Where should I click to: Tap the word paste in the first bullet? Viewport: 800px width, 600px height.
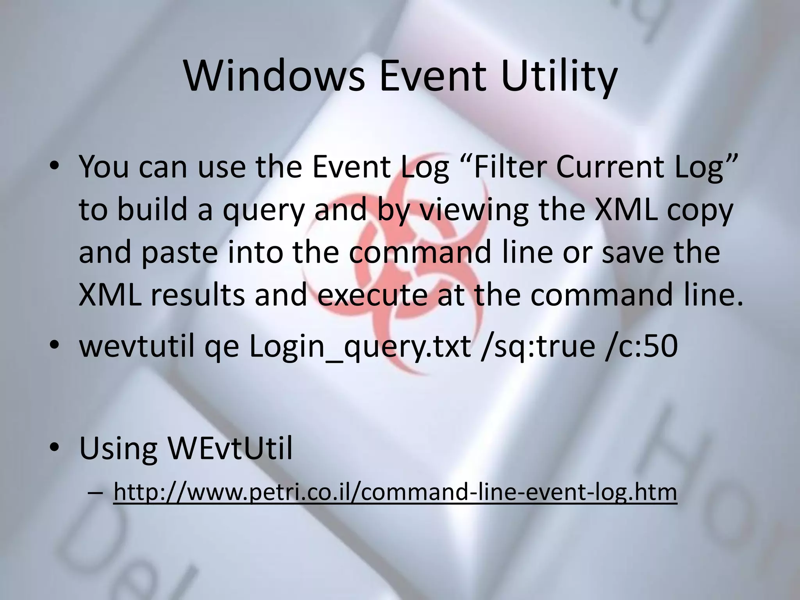tap(179, 252)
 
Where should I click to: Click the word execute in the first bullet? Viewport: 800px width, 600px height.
tap(372, 295)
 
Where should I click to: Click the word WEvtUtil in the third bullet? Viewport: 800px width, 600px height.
tap(230, 449)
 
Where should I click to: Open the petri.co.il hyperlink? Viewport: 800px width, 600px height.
tap(395, 492)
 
